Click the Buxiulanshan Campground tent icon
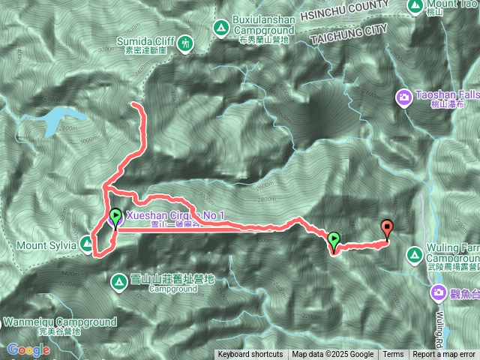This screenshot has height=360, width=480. tap(221, 28)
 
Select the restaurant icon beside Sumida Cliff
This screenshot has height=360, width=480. tap(185, 45)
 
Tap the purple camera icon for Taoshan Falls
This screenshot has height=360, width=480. tap(405, 97)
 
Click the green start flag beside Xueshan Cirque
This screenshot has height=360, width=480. tap(115, 217)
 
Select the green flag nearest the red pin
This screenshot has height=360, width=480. tap(334, 240)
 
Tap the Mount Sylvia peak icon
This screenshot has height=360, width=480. tap(87, 244)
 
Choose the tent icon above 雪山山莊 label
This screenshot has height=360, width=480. tap(118, 282)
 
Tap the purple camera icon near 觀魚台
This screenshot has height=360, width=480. tap(439, 292)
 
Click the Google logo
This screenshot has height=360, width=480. tap(28, 349)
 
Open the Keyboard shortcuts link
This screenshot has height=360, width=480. tap(250, 355)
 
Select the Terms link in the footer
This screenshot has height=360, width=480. tap(393, 355)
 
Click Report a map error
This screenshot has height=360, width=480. tap(444, 355)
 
